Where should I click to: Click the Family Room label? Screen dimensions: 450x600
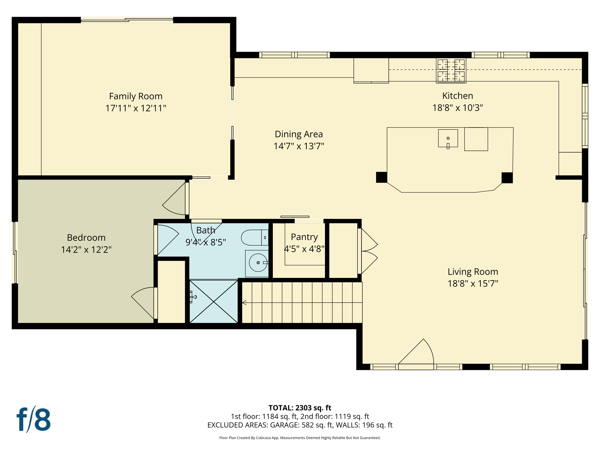pos(136,96)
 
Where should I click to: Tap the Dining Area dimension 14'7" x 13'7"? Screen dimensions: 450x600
pos(299,146)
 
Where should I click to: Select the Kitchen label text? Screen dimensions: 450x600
pos(457,96)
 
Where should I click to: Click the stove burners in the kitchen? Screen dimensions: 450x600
pos(451,71)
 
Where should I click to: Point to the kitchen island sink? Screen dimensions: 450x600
pos(448,138)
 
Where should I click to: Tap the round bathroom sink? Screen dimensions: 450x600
pos(258,262)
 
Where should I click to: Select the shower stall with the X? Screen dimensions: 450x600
pos(214,301)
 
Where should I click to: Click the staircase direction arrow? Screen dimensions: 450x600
pos(244,303)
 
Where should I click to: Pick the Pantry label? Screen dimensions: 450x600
pos(304,237)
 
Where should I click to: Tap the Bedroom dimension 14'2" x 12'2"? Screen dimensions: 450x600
pos(86,250)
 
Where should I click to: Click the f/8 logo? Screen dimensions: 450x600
pos(33,419)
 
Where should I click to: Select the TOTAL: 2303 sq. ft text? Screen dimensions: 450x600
pos(300,408)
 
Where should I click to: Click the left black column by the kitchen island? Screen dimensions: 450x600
pos(381,177)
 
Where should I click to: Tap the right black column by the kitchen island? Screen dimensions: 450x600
pos(507,178)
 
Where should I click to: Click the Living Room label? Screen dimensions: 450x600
pos(473,272)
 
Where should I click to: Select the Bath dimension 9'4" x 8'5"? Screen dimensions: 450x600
pos(205,242)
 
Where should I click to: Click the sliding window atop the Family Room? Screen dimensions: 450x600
pos(127,20)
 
